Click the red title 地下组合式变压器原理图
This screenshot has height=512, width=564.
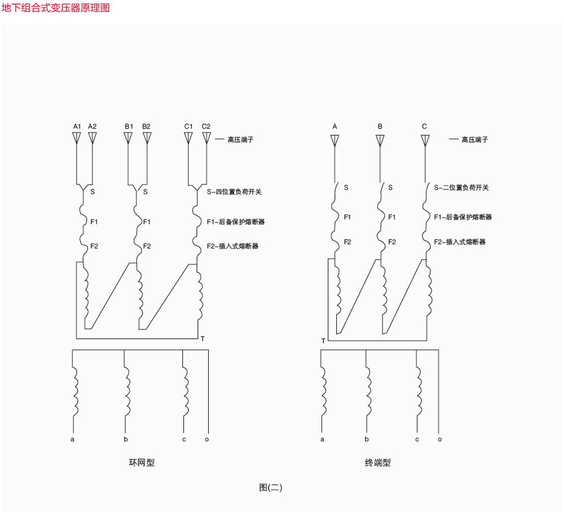pos(55,8)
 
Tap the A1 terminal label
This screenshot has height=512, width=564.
pos(77,126)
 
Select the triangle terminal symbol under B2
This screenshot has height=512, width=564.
pos(147,138)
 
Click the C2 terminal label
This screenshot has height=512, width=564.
pos(206,126)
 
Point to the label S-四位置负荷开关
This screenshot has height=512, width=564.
pos(234,192)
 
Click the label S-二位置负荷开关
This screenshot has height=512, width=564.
pos(461,187)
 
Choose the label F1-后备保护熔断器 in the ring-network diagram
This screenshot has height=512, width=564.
pos(236,222)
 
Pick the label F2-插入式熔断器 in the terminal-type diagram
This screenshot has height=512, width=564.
pos(460,241)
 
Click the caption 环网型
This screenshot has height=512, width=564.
pos(142,462)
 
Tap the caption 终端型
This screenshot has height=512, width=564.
pos(378,462)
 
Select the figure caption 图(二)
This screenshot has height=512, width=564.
pos(271,488)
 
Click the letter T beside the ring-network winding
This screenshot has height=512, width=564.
pos(203,339)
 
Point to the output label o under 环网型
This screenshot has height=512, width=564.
pos(207,439)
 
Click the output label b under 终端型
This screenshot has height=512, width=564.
pos(367,439)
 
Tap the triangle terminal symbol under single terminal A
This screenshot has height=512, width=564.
pos(334,140)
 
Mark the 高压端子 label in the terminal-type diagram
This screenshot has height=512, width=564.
pos(475,139)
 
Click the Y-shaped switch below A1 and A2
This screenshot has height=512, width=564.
pos(83,187)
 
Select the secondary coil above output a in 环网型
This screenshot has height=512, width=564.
pos(75,391)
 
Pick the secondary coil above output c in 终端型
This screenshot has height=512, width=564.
pos(418,391)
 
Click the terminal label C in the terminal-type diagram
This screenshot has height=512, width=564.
pos(425,126)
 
